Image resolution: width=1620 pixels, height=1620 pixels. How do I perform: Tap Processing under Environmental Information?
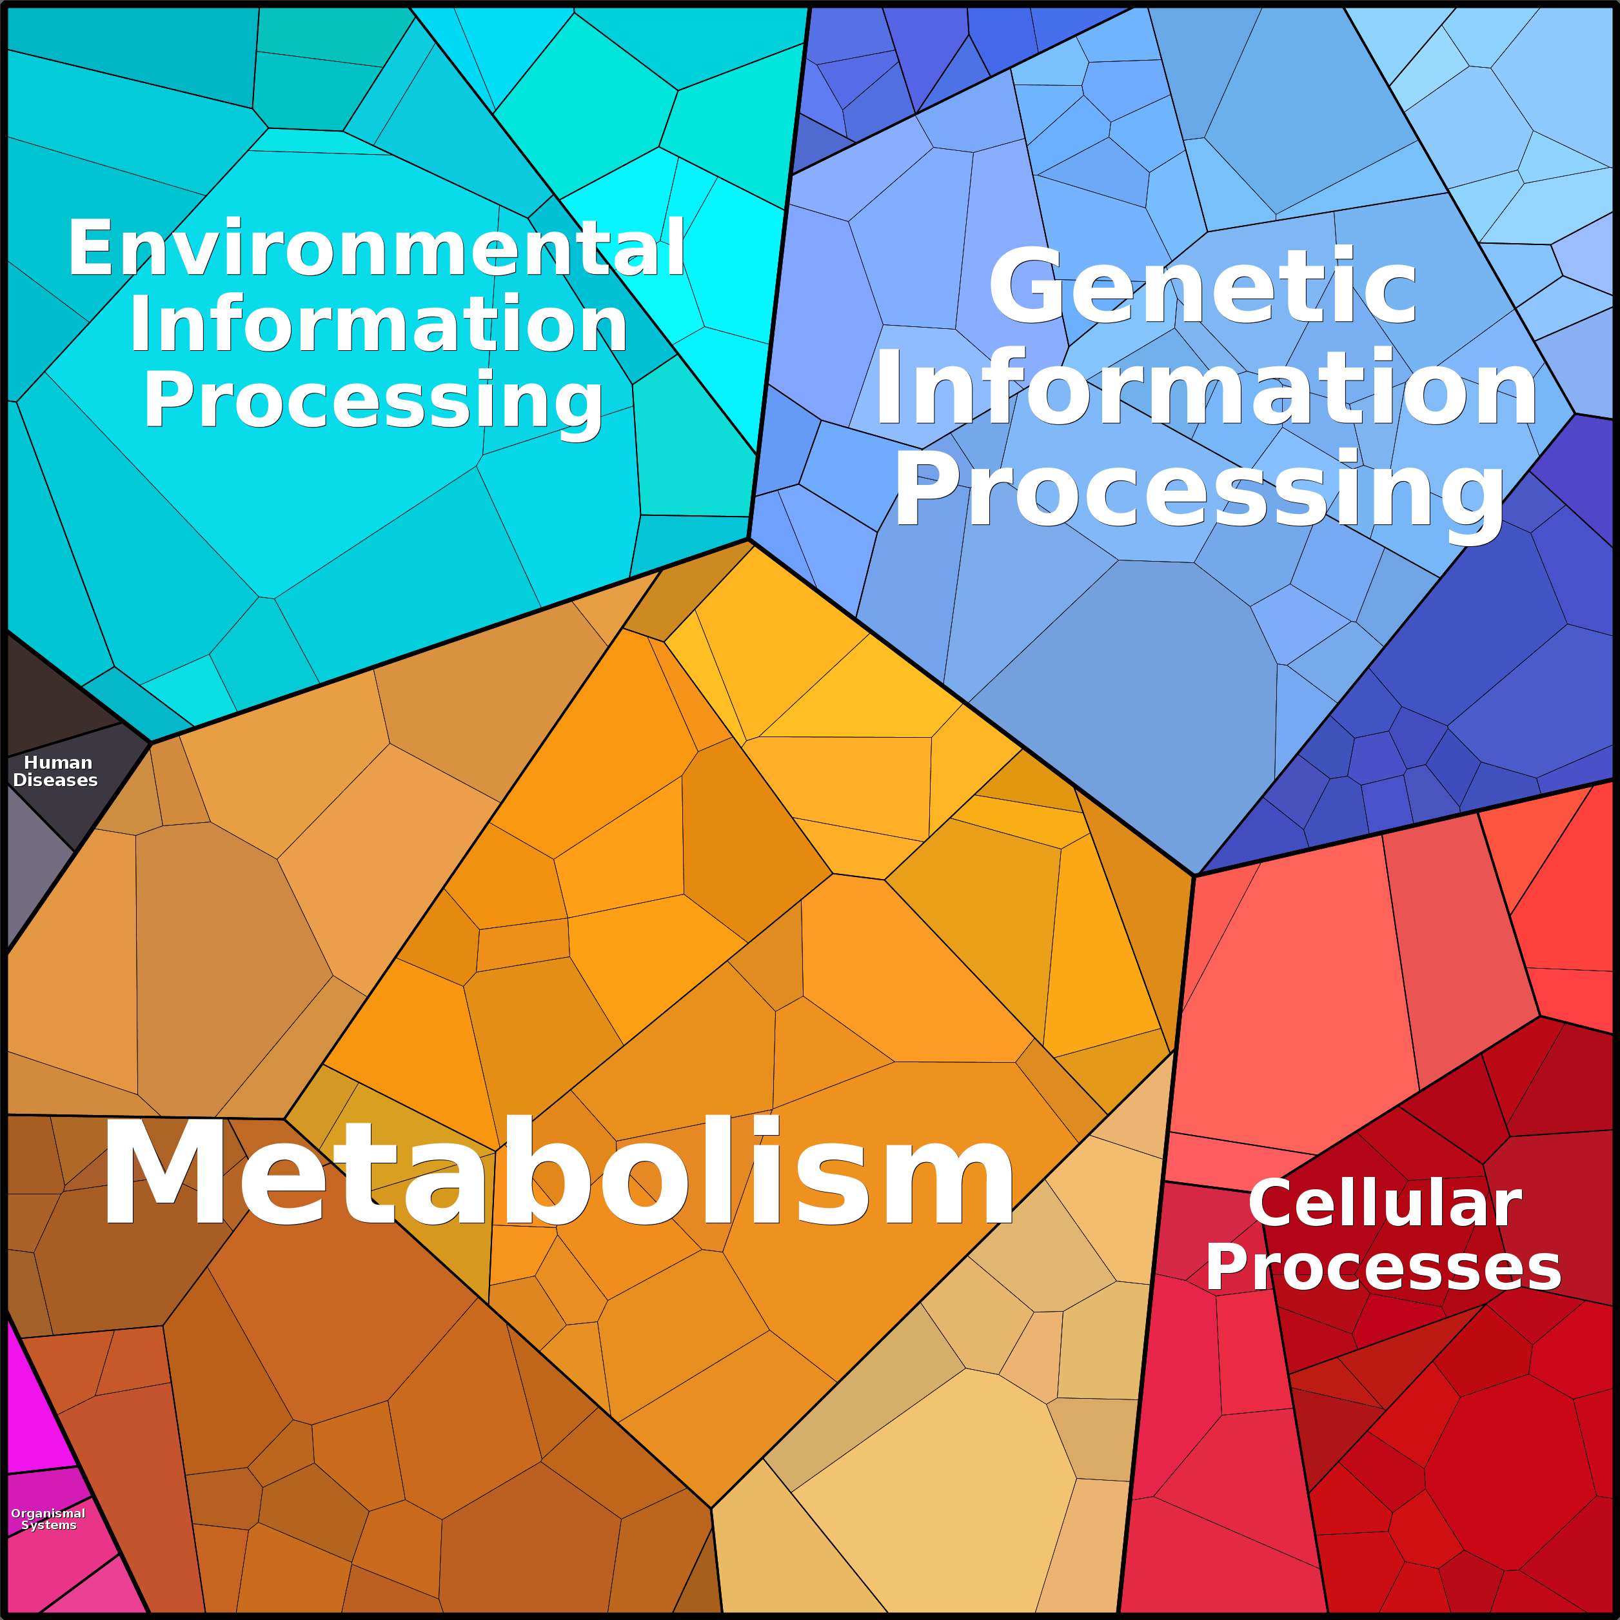(x=373, y=402)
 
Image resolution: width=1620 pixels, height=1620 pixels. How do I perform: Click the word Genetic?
(x=1202, y=287)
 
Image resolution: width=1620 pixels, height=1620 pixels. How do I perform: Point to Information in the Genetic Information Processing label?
(x=1206, y=388)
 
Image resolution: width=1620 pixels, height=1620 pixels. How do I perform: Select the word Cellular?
(x=1385, y=1203)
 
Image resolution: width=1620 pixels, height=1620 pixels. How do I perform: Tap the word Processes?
(x=1383, y=1267)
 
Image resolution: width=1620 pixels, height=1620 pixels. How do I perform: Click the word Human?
(x=58, y=762)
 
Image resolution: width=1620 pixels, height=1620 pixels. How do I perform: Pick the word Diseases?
(x=55, y=780)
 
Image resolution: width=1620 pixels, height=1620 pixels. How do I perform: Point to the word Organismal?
(x=48, y=1514)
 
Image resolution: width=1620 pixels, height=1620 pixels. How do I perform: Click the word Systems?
(x=48, y=1525)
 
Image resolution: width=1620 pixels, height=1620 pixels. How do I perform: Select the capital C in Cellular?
(x=1271, y=1203)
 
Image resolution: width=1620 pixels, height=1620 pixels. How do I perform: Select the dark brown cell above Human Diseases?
(x=50, y=696)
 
